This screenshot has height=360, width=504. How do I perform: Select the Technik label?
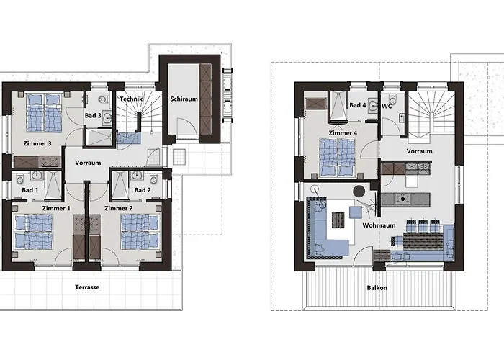coord(132,99)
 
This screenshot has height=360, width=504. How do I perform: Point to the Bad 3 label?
coord(92,116)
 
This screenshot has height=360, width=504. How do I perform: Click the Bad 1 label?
coord(30,190)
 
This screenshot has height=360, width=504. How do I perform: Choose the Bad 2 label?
coord(143,190)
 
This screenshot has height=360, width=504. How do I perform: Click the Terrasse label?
coord(87,287)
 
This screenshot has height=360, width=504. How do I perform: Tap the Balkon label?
coord(377,287)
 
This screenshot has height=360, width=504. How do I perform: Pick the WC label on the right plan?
coord(386,105)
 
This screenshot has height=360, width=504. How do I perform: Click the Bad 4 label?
coord(357,105)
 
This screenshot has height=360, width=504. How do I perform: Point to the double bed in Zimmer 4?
coord(337,156)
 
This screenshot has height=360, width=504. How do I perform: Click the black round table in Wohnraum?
coord(359,191)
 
